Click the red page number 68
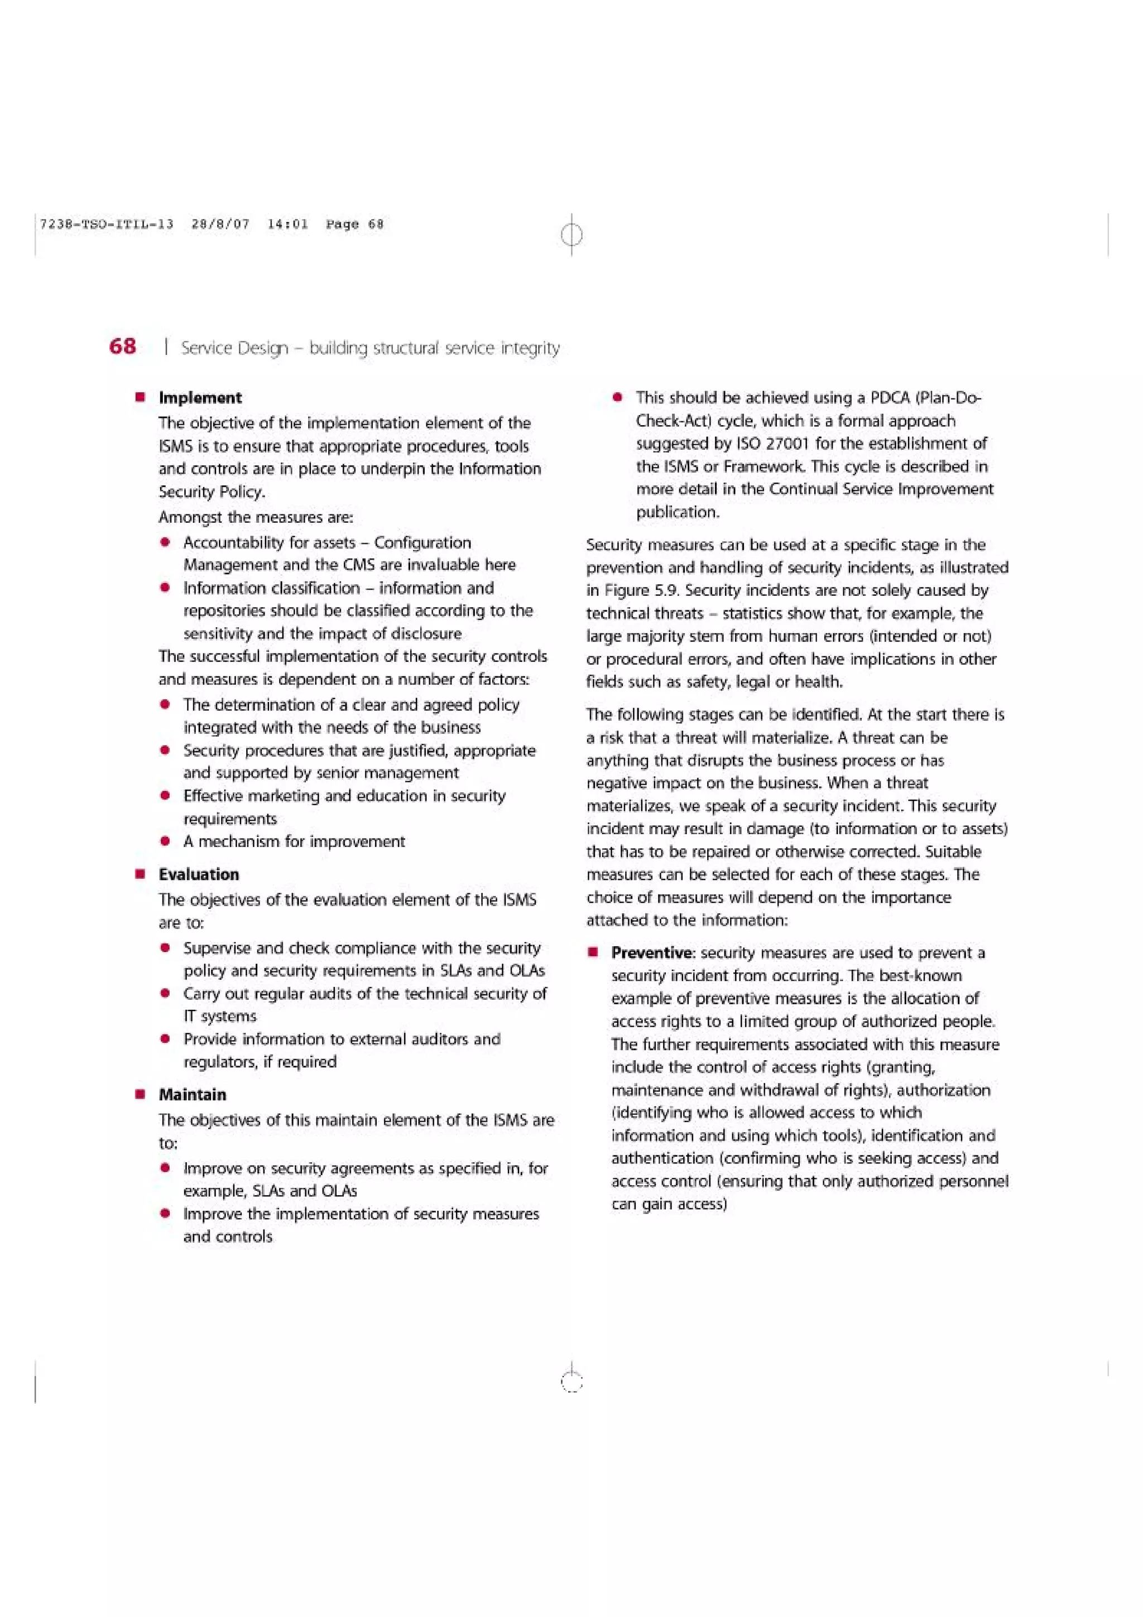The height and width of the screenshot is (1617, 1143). click(x=123, y=346)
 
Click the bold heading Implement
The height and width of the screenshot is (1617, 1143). click(x=200, y=397)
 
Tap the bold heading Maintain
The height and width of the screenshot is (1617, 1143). click(x=192, y=1094)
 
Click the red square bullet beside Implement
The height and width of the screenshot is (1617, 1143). click(x=140, y=397)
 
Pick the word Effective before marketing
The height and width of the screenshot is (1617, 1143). click(x=213, y=796)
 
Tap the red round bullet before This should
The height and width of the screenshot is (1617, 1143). click(x=618, y=398)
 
